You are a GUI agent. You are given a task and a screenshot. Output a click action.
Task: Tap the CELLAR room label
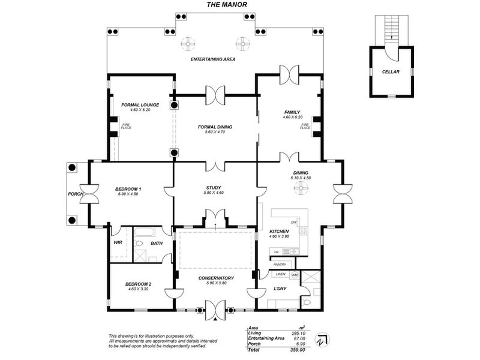click(x=391, y=72)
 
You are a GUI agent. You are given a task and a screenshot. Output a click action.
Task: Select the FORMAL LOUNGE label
click(x=140, y=105)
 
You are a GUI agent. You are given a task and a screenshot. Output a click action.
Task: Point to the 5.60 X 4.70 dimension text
click(x=215, y=132)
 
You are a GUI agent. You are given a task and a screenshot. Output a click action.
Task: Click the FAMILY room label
click(x=292, y=112)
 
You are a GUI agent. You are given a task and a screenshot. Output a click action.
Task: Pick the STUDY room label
click(x=214, y=188)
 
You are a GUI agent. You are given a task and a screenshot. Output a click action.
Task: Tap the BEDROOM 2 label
click(x=138, y=284)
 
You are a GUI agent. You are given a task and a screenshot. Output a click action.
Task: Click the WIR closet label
click(x=118, y=243)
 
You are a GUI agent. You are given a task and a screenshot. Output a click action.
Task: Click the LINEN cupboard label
click(x=280, y=274)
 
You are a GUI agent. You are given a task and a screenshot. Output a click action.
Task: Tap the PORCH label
click(x=76, y=194)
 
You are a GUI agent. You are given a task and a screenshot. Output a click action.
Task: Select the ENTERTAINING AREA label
click(x=213, y=60)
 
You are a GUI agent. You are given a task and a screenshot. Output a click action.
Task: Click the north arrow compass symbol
click(x=322, y=340)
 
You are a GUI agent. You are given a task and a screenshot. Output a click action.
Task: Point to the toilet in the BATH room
click(x=139, y=244)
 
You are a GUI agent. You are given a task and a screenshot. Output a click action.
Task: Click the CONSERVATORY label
click(x=216, y=278)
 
